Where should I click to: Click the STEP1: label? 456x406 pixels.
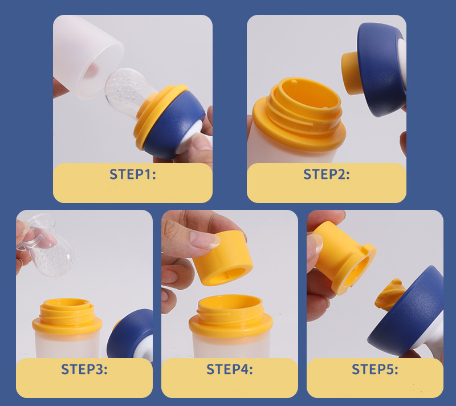point(132,174)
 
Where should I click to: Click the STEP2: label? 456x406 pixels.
point(326,174)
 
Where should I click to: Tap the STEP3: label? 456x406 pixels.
point(84,370)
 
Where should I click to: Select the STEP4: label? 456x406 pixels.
point(229,370)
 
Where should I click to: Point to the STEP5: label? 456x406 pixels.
point(375,370)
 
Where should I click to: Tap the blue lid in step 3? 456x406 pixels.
point(132,336)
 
